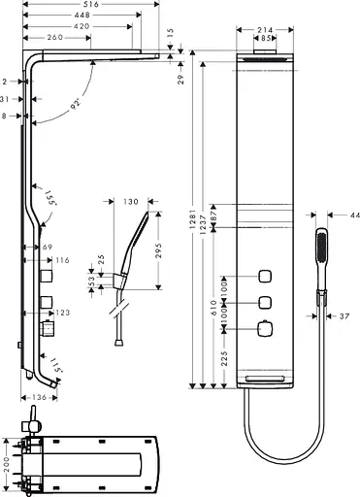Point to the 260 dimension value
55,37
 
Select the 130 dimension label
133,203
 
